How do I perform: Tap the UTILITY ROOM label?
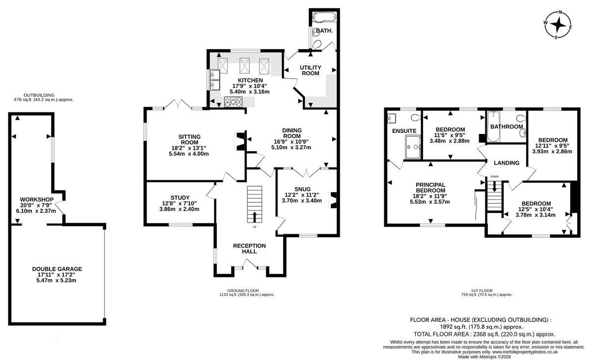(311, 71)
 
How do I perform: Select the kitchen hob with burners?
(233, 102)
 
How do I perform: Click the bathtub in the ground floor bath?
(323, 16)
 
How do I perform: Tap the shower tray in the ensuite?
(413, 147)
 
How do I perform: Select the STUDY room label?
(180, 197)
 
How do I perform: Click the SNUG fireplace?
(333, 200)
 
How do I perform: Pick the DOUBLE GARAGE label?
(57, 269)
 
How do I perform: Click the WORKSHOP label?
(37, 199)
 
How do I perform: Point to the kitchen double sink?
(215, 80)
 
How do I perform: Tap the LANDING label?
(507, 163)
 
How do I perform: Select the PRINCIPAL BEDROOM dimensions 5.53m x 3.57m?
(429, 202)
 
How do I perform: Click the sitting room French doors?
(178, 104)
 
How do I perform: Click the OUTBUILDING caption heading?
(39, 95)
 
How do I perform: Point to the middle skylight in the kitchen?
(244, 66)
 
